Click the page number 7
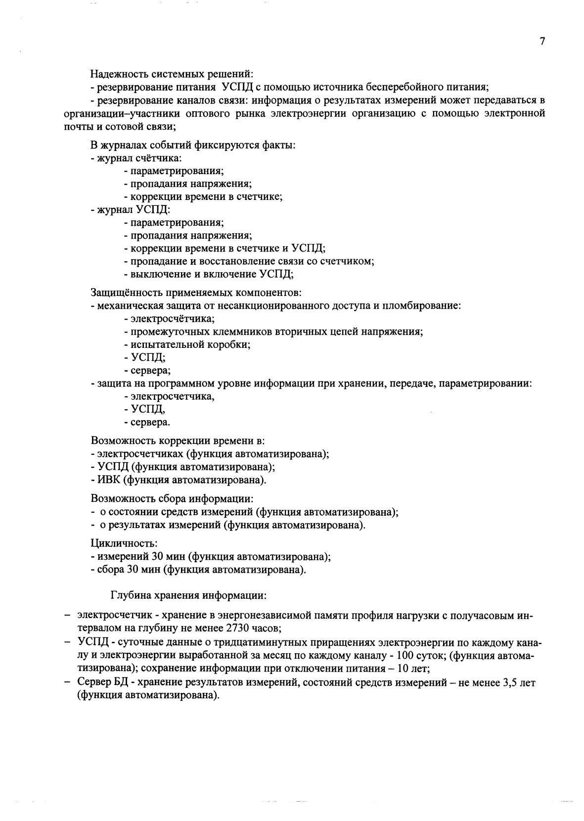coord(542,42)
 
